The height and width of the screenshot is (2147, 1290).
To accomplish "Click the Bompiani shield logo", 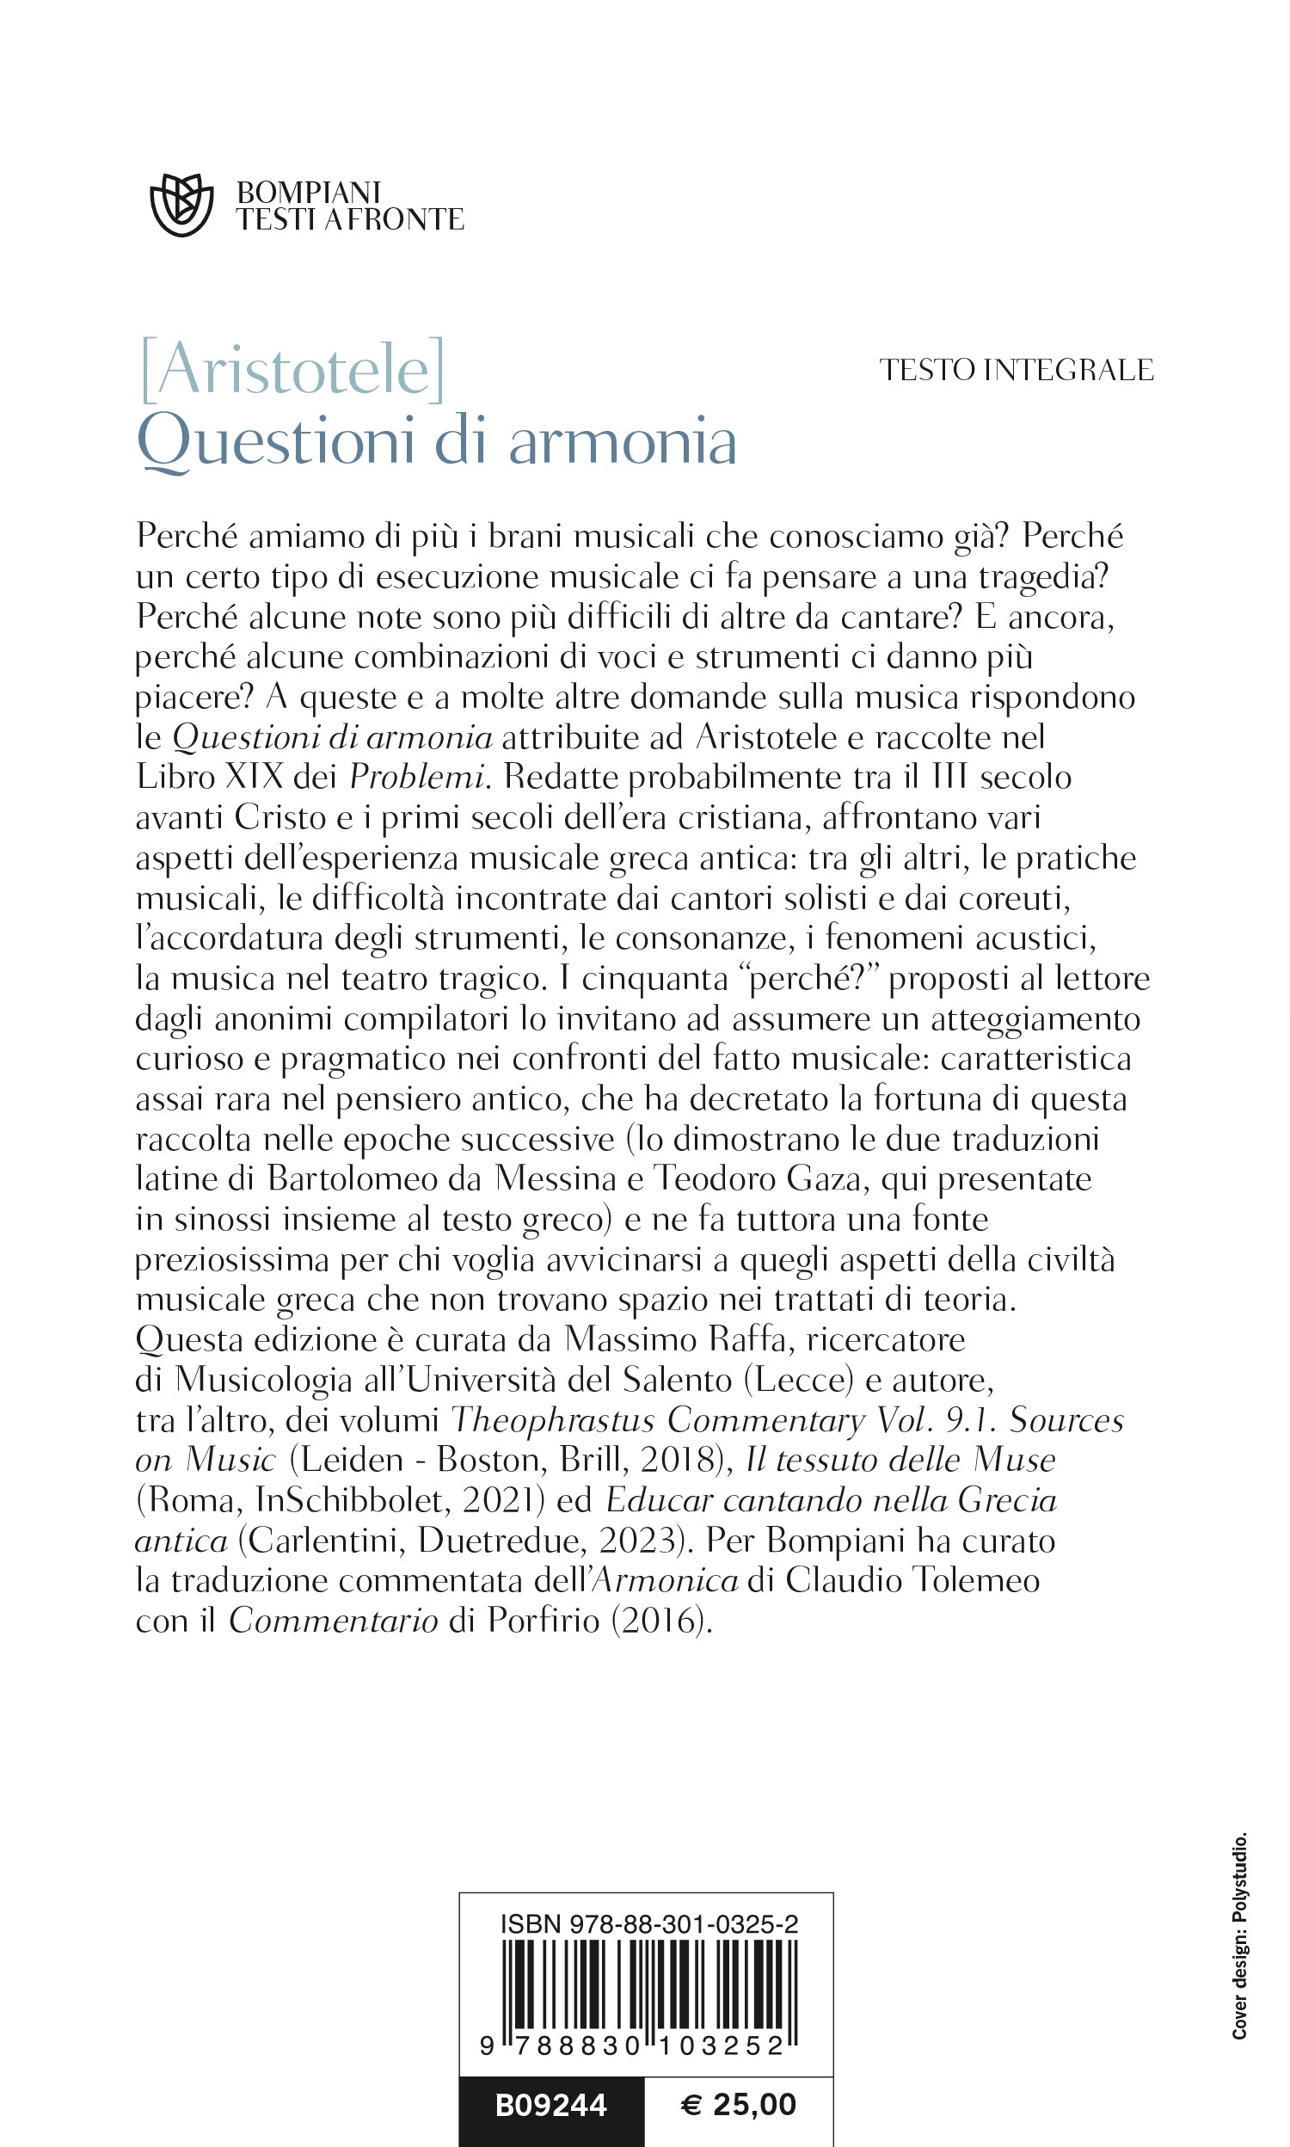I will point(181,205).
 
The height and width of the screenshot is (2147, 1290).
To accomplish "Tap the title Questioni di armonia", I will point(437,440).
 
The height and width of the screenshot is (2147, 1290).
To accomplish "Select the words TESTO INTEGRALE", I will point(1017,370).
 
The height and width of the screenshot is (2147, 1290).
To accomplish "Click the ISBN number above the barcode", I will point(648,1924).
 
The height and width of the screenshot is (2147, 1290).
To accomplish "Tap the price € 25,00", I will point(738,2104).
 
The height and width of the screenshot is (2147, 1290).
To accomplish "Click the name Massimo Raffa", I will point(675,1339).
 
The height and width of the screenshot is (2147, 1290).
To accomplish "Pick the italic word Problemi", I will point(416,777).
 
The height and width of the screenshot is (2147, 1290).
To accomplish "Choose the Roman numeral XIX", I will point(254,777).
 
